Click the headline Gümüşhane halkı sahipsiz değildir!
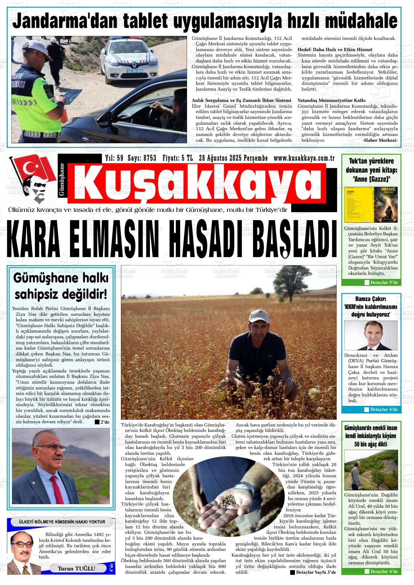(x=61, y=286)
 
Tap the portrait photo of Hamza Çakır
(x=370, y=335)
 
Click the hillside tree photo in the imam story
(x=370, y=470)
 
